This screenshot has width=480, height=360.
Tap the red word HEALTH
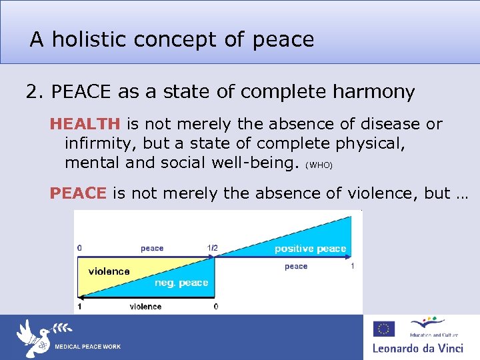(x=85, y=124)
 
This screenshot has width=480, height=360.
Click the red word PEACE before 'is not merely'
(x=78, y=193)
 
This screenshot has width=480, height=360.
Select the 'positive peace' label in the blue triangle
(x=310, y=249)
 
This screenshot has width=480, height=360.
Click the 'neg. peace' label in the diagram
(x=181, y=283)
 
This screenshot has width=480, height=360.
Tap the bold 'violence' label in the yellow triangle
(x=109, y=271)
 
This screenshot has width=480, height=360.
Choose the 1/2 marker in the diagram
(x=212, y=249)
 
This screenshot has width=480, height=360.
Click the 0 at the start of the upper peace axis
(x=80, y=248)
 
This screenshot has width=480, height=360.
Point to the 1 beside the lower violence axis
(x=80, y=307)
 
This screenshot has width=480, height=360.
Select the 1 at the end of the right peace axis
(x=353, y=266)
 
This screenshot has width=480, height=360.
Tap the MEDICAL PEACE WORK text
(x=87, y=347)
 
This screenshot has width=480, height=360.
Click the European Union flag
(x=384, y=329)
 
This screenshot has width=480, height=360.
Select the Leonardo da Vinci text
(x=421, y=348)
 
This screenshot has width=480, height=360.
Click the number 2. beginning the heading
(x=35, y=92)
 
